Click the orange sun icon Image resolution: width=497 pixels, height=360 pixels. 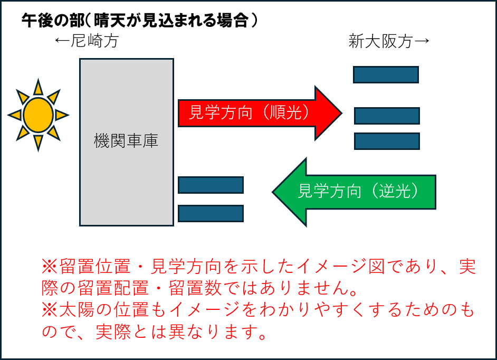pyautogui.click(x=38, y=115)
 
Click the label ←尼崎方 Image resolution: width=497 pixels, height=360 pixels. pyautogui.click(x=86, y=42)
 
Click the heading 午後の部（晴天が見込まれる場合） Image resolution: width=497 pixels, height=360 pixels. pyautogui.click(x=139, y=21)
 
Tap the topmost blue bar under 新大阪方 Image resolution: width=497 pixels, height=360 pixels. pyautogui.click(x=386, y=74)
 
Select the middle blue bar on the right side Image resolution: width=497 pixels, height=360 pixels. pyautogui.click(x=387, y=116)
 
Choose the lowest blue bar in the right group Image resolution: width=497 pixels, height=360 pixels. pyautogui.click(x=387, y=141)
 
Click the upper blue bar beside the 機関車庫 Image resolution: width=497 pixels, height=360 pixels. pyautogui.click(x=211, y=185)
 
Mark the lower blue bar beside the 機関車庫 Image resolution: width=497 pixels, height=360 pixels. pyautogui.click(x=211, y=213)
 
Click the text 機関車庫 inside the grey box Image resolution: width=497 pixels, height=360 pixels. pyautogui.click(x=126, y=141)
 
